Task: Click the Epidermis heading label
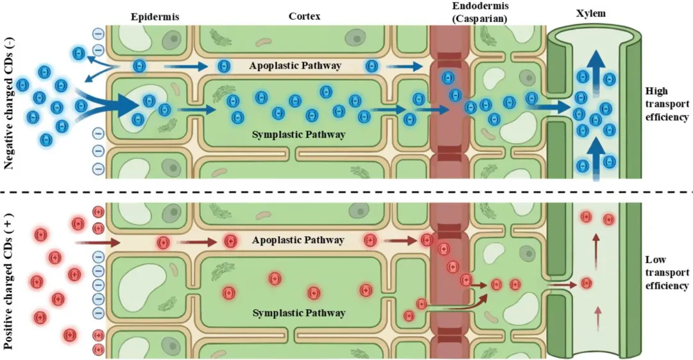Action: click(x=155, y=17)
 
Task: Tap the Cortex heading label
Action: click(x=304, y=17)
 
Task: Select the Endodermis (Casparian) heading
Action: click(x=480, y=12)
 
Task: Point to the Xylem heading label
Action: click(x=591, y=13)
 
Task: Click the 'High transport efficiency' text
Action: click(x=667, y=104)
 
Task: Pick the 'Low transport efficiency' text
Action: click(x=667, y=273)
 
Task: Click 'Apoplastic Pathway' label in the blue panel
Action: click(x=295, y=66)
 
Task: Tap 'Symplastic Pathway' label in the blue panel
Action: click(x=298, y=135)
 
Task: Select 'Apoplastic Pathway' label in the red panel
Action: click(x=298, y=240)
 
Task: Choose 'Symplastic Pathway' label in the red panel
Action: click(x=299, y=313)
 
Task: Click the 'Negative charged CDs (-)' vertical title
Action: click(x=9, y=103)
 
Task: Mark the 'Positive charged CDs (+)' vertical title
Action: click(x=9, y=282)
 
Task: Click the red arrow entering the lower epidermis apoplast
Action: click(x=98, y=243)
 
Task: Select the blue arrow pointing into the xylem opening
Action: click(x=549, y=107)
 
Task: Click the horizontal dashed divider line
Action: click(x=346, y=193)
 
